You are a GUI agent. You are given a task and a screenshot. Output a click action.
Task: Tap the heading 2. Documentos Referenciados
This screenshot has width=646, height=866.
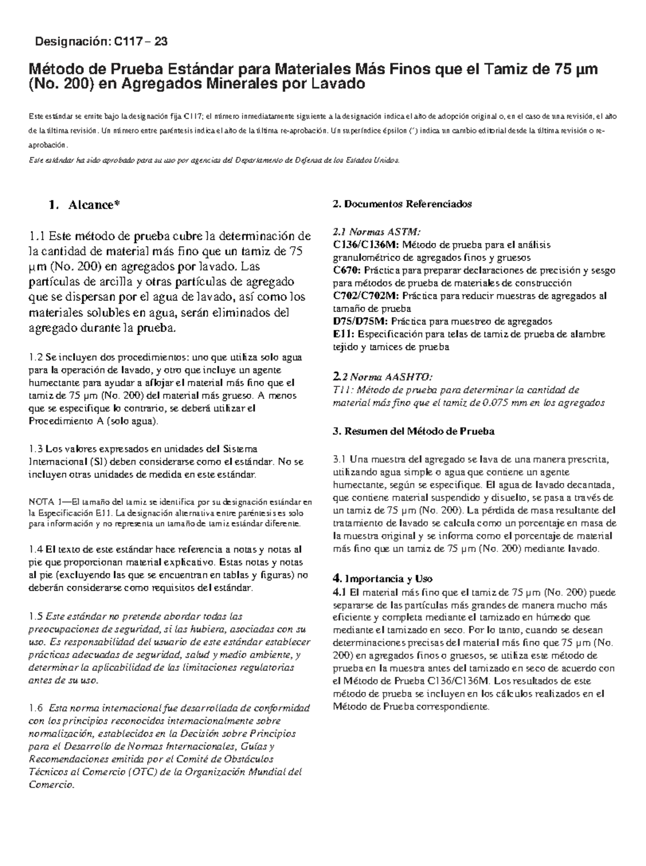(402, 204)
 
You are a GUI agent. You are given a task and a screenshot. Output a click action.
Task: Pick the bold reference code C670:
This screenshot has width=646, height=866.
(348, 270)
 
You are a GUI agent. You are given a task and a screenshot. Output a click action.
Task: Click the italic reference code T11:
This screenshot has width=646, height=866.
(342, 390)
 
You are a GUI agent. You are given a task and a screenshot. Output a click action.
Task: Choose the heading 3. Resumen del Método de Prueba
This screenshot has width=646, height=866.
(413, 432)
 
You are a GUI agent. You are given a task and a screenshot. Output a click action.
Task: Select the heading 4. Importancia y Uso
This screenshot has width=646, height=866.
(383, 579)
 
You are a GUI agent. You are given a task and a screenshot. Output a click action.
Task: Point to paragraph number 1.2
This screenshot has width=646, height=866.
(35, 357)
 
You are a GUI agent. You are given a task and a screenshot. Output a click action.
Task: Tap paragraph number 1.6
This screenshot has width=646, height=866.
(35, 708)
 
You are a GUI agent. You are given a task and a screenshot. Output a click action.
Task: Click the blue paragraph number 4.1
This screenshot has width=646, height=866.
(339, 592)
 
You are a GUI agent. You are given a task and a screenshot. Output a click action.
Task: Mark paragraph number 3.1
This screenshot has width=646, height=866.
(340, 460)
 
